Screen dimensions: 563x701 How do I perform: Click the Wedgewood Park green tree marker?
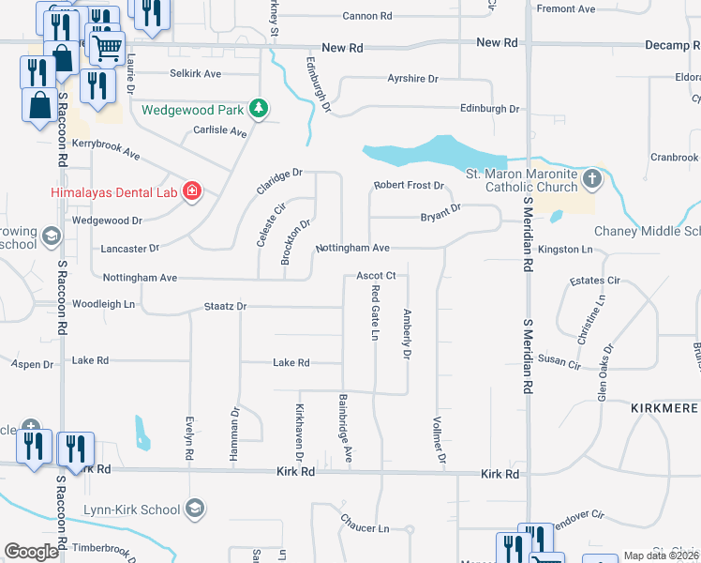tap(260, 110)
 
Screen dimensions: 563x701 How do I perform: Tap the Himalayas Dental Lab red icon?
tap(191, 192)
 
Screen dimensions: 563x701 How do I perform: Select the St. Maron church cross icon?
tap(591, 178)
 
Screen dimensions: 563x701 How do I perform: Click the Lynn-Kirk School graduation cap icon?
tap(194, 510)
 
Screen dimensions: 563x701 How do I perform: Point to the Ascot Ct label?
tap(379, 276)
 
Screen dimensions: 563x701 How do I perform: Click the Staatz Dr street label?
tap(225, 307)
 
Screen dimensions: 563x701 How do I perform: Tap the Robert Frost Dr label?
tap(409, 186)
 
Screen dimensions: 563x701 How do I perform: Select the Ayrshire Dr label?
tap(413, 80)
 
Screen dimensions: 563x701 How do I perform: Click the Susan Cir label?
tap(559, 362)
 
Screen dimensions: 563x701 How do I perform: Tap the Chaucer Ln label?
tap(365, 528)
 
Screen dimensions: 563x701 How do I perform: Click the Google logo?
tap(32, 552)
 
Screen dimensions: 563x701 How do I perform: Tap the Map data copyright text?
tap(660, 555)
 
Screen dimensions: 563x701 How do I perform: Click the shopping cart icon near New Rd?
tap(108, 45)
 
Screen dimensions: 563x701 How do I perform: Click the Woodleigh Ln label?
tap(104, 305)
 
